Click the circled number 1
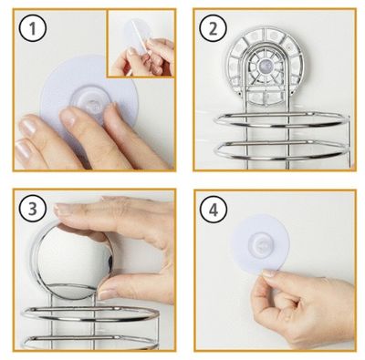coord(33,29)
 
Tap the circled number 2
coord(214,29)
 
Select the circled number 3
coord(33,209)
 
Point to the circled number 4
coord(214,209)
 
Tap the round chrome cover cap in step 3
coord(72,261)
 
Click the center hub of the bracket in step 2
coord(263,65)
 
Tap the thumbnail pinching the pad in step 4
coord(268,273)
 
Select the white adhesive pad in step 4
coord(260,242)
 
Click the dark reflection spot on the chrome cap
coord(110,261)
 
